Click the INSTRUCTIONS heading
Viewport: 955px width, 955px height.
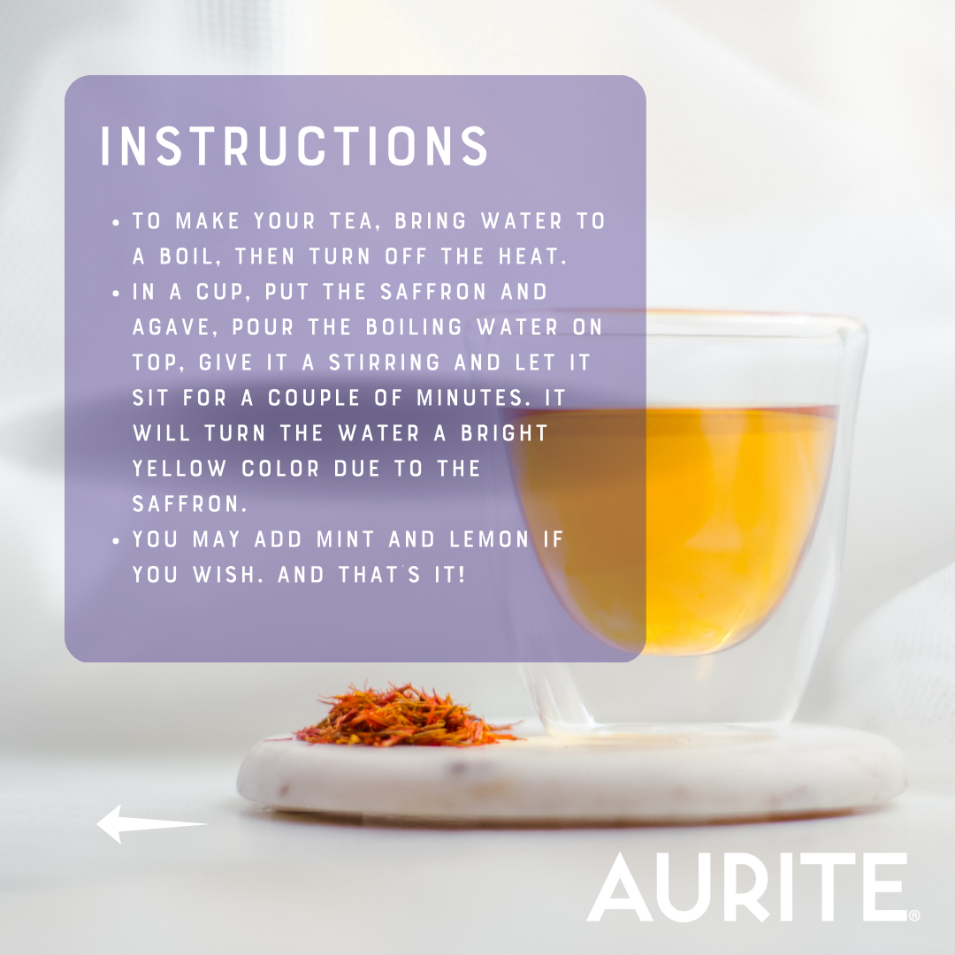(294, 146)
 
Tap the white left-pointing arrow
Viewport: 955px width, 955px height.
(152, 824)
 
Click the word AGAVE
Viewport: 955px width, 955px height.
(172, 328)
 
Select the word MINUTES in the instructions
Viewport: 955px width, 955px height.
(470, 398)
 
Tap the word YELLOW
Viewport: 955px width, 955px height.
(179, 469)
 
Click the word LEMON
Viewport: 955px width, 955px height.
(489, 539)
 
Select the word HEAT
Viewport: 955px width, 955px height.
(532, 257)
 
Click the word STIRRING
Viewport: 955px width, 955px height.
(385, 363)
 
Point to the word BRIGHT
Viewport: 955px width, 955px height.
(505, 433)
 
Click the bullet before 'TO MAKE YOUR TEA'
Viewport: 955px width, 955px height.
(117, 222)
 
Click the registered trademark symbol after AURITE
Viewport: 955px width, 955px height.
(914, 915)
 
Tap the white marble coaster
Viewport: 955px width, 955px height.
(571, 774)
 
